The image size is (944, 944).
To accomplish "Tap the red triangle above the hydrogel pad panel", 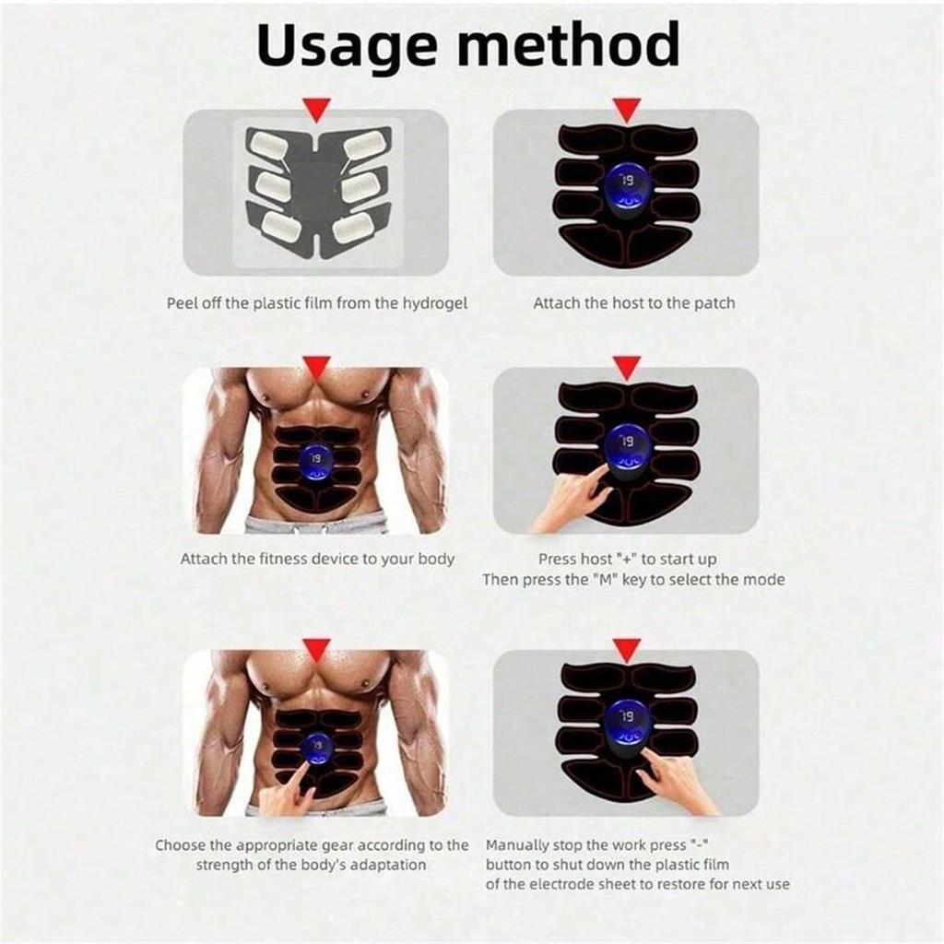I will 316,112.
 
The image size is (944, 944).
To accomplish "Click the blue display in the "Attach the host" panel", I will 627,189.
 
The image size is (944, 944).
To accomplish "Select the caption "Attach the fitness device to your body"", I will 317,559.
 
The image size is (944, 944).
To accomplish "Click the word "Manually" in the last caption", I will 524,845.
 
